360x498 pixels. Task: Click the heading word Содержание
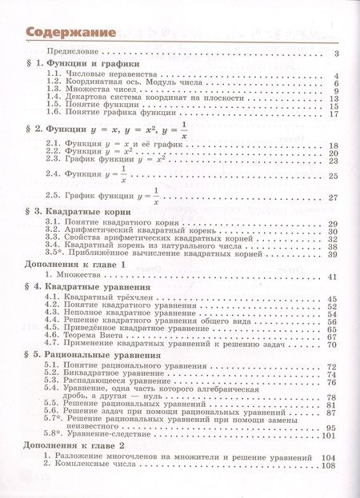click(x=67, y=33)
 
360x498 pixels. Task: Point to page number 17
click(x=334, y=114)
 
